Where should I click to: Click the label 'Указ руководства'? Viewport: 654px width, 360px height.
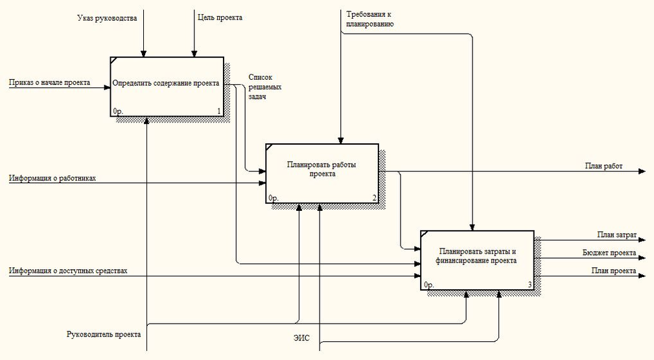(x=107, y=18)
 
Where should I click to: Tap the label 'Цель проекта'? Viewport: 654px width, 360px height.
(x=220, y=18)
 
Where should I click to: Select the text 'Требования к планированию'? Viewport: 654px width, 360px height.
(x=369, y=19)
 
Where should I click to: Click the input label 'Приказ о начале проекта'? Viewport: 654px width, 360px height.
(x=49, y=82)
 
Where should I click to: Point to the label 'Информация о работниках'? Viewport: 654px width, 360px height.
(x=53, y=178)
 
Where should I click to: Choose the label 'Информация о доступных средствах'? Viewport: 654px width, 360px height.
(x=68, y=270)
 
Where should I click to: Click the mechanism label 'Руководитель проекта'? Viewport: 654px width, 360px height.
(x=103, y=335)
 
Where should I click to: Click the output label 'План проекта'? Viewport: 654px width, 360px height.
(x=613, y=270)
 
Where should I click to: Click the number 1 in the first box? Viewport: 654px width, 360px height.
(x=219, y=112)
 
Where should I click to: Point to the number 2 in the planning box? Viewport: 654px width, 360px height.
(x=374, y=198)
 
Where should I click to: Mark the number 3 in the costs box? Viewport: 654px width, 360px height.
(x=530, y=285)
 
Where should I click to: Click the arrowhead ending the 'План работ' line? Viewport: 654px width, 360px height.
(x=642, y=171)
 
